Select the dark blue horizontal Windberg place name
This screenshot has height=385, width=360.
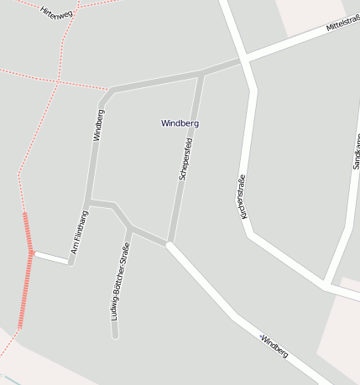[x=180, y=123]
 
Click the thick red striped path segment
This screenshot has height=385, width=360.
[x=28, y=268]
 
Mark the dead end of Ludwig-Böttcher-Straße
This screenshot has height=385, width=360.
[x=115, y=336]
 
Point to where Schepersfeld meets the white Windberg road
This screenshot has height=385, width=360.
[x=170, y=244]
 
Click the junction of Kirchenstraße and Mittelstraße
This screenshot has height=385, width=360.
[x=244, y=60]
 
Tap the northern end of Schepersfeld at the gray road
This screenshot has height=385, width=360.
[x=201, y=74]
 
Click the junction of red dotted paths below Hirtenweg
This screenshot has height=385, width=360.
[x=59, y=81]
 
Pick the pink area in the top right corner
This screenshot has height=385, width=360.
[x=310, y=12]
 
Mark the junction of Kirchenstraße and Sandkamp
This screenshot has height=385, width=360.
[x=326, y=286]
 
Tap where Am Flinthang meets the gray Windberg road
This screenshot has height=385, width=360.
[x=87, y=202]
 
